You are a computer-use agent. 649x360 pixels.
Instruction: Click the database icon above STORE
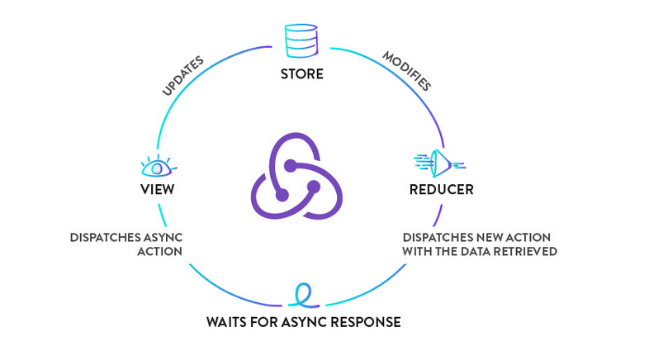pos(301,40)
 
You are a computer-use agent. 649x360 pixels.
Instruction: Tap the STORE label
pos(301,74)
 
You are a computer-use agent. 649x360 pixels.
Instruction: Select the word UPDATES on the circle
pos(182,76)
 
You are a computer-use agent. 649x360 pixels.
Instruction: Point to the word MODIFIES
pos(406,70)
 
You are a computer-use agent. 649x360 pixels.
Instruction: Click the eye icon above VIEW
pos(157,166)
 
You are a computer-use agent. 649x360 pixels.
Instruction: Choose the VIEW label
pos(157,190)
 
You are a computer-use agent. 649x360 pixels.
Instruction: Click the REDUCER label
pos(441,190)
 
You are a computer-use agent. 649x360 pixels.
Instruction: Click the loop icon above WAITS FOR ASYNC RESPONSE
pos(303,295)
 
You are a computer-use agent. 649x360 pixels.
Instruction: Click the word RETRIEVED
pos(525,251)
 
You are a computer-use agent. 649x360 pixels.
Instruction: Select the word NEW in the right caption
pos(484,237)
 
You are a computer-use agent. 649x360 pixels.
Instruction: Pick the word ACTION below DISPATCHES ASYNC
pos(159,251)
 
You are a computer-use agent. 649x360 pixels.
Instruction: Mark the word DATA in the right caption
pos(471,251)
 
